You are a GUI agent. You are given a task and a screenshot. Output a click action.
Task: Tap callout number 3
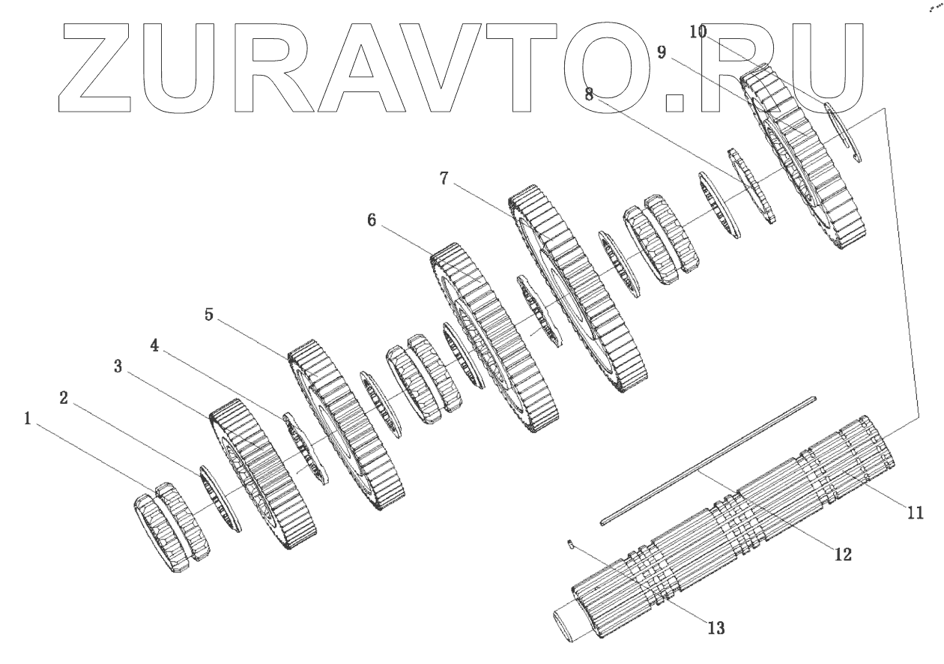118,367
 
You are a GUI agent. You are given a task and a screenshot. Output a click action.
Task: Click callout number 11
914,513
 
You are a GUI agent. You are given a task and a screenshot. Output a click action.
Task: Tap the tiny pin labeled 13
571,545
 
